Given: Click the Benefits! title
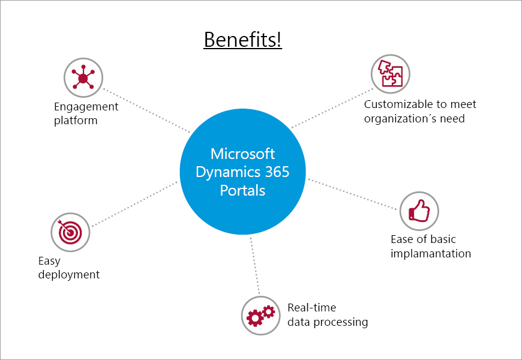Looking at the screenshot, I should pos(243,40).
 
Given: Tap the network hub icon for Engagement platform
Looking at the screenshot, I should pos(83,78).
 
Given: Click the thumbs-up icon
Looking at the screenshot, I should pos(419,211).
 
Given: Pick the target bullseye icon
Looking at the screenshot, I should pos(70,231).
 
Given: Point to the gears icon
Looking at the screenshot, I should pos(261,315).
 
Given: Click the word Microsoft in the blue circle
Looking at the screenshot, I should pos(244,154).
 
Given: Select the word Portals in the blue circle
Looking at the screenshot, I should pos(243,190).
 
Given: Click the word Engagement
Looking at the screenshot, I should pos(86,107).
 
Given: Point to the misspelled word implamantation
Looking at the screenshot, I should pos(431,253).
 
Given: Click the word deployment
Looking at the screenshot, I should pos(69,275).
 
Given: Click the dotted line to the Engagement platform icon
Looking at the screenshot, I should pos(147,111).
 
